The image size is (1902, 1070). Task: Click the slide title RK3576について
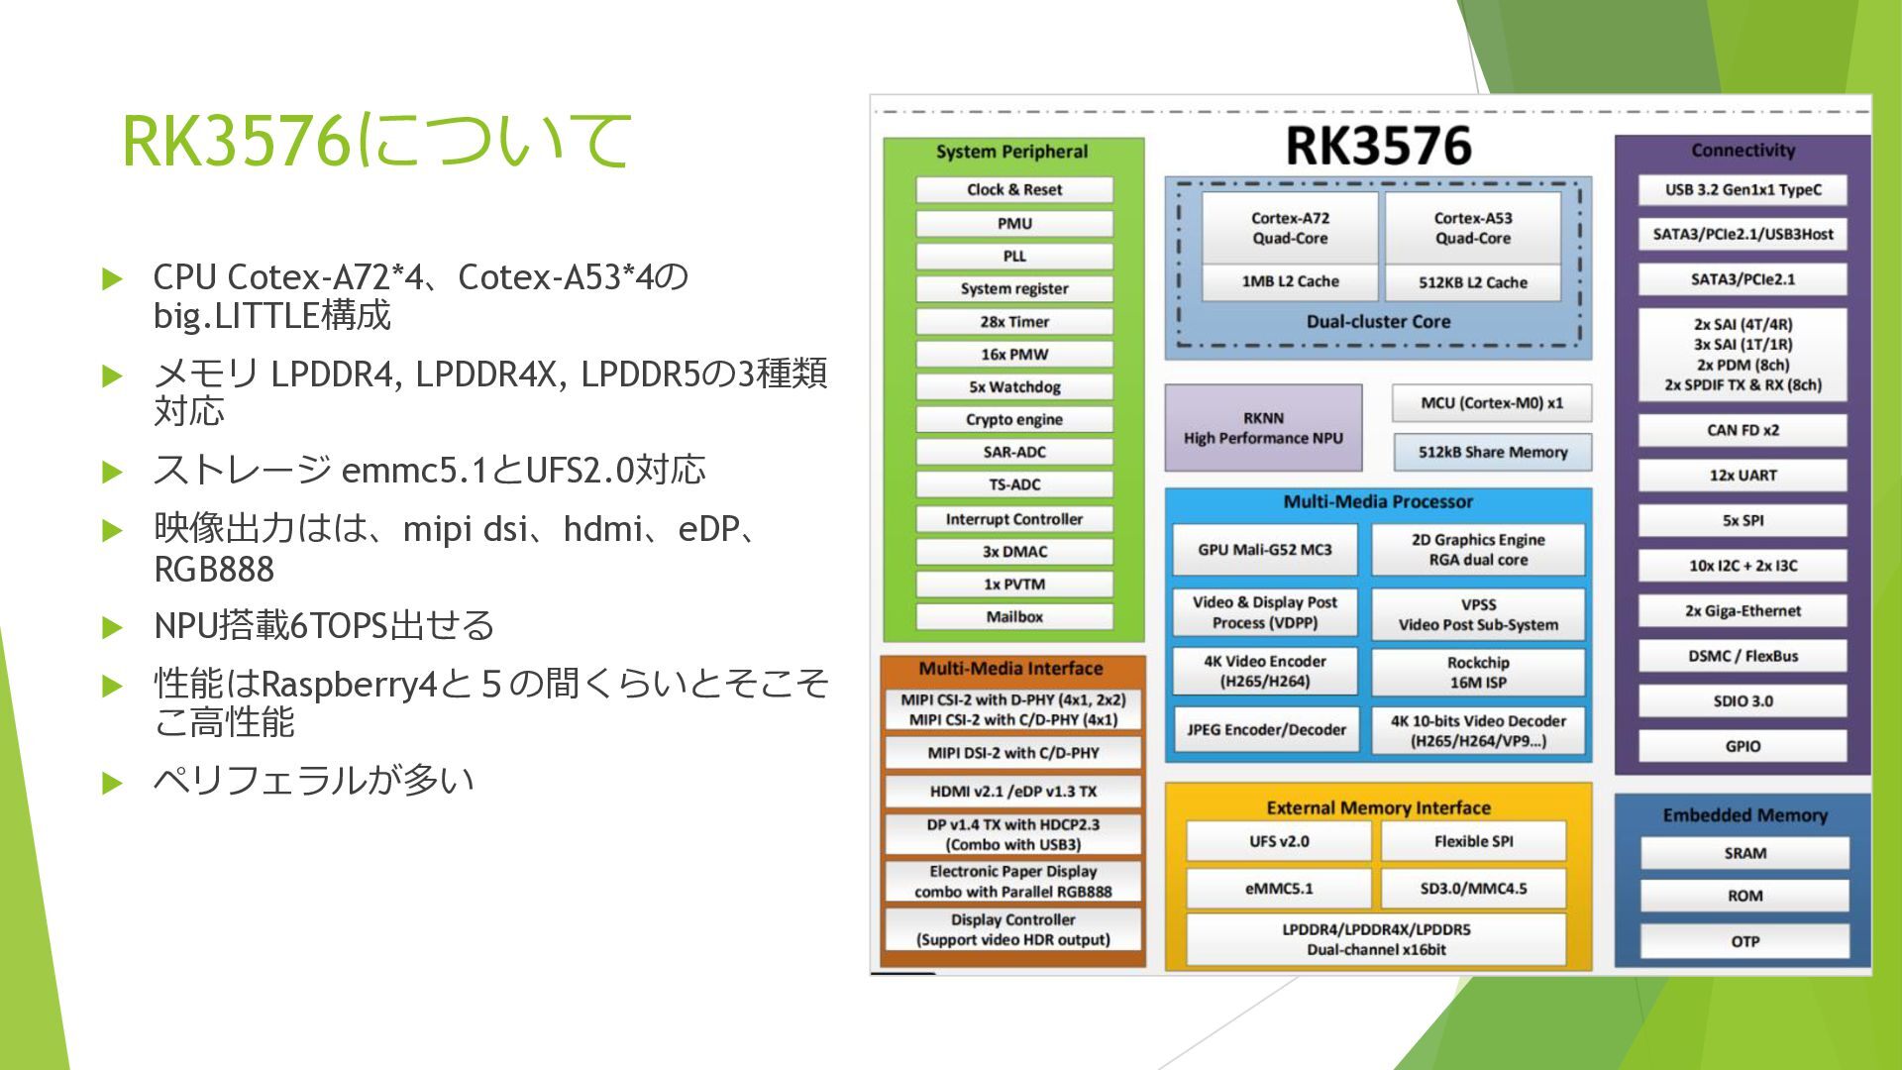coord(376,141)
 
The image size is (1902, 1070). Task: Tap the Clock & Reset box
coord(1013,189)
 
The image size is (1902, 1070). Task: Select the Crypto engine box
coord(1013,419)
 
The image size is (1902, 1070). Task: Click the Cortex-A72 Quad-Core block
coord(1289,229)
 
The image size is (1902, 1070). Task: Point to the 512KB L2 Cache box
coord(1472,282)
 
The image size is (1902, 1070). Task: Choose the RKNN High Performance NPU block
coord(1263,428)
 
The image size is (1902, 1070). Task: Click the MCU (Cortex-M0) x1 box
coord(1491,403)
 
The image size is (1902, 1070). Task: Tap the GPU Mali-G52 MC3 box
coord(1264,550)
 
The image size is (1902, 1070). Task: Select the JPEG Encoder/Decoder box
coord(1265,730)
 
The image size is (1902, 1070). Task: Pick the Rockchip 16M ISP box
coord(1477,673)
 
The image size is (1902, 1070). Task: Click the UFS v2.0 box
coord(1278,841)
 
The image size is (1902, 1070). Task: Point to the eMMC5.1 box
coord(1278,889)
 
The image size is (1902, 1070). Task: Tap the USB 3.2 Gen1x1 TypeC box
coord(1742,190)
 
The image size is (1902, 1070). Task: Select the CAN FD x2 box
coord(1742,430)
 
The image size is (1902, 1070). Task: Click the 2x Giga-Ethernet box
coord(1742,611)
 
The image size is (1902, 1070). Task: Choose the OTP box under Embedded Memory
coord(1744,941)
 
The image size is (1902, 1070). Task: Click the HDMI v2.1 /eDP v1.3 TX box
coord(1012,792)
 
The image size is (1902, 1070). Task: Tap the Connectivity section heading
coord(1743,151)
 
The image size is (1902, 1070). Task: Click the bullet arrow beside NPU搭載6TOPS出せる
coord(112,627)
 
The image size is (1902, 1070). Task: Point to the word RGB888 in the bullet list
coord(214,570)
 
